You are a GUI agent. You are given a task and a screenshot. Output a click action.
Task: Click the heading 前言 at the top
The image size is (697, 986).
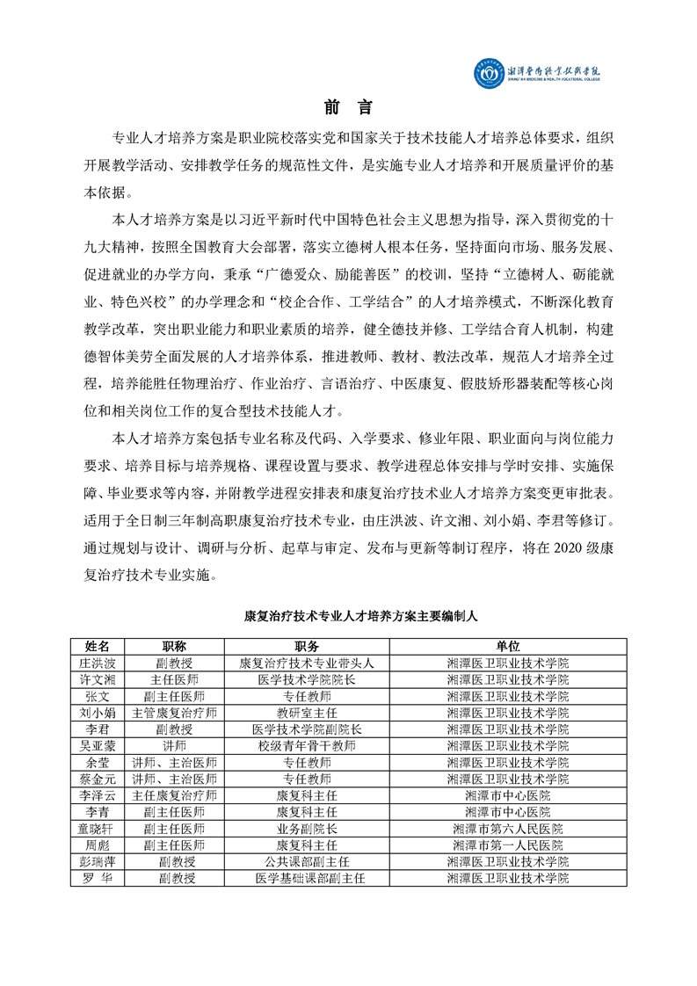point(348,108)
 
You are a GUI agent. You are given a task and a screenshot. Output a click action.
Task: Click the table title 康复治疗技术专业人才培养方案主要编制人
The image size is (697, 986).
point(348,618)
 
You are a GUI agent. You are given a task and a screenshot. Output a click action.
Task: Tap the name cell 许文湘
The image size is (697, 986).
point(98,679)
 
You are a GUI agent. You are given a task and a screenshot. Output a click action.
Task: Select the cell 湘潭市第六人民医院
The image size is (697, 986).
point(507,828)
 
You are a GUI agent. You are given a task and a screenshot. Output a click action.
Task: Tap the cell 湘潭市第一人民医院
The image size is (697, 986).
point(507,845)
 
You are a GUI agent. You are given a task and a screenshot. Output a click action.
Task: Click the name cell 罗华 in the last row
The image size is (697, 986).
point(98,878)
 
